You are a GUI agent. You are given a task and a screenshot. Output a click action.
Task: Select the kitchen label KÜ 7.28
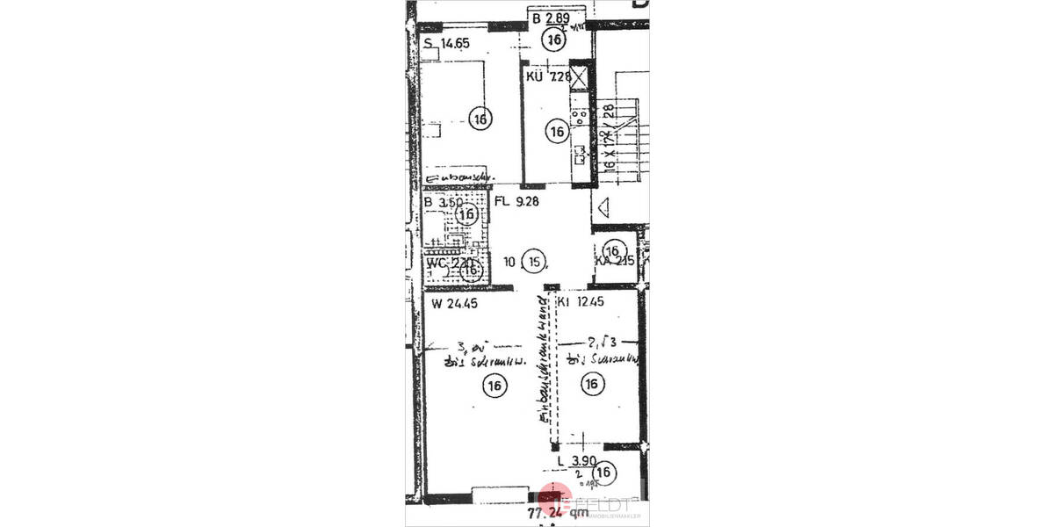(x=549, y=76)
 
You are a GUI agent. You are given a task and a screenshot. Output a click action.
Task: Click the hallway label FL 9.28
(x=516, y=200)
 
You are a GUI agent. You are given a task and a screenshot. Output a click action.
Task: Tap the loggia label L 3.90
(x=576, y=461)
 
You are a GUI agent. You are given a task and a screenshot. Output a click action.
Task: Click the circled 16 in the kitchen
(x=556, y=133)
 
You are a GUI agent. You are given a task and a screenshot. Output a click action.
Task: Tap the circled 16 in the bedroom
(x=480, y=119)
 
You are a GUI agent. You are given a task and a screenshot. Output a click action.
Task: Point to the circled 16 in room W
(x=495, y=384)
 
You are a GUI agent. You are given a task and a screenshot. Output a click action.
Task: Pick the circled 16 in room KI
(x=592, y=384)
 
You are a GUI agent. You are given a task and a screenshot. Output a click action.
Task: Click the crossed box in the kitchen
(x=581, y=76)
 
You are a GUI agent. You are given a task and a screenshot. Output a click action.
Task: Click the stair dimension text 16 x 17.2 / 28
(x=606, y=136)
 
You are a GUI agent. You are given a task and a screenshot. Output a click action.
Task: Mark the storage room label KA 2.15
(x=614, y=261)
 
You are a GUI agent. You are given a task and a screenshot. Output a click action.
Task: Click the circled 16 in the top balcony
(x=553, y=39)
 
